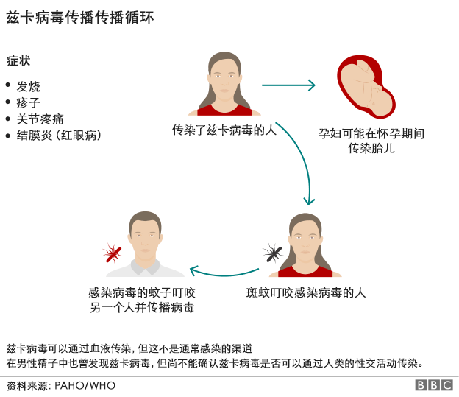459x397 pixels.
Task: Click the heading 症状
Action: coord(18,60)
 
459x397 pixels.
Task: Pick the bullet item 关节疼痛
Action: coord(40,119)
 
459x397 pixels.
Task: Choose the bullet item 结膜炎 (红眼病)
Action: coord(58,136)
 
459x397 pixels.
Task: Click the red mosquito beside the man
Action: coord(112,254)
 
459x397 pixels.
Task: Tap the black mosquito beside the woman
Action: coord(273,253)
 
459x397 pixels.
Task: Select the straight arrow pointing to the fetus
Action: coord(288,85)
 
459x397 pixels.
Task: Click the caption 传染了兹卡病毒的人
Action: coord(224,130)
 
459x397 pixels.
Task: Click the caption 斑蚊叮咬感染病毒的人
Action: coord(306,292)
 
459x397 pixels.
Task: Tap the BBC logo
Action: coord(434,385)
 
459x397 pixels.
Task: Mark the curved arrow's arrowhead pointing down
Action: coord(310,199)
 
